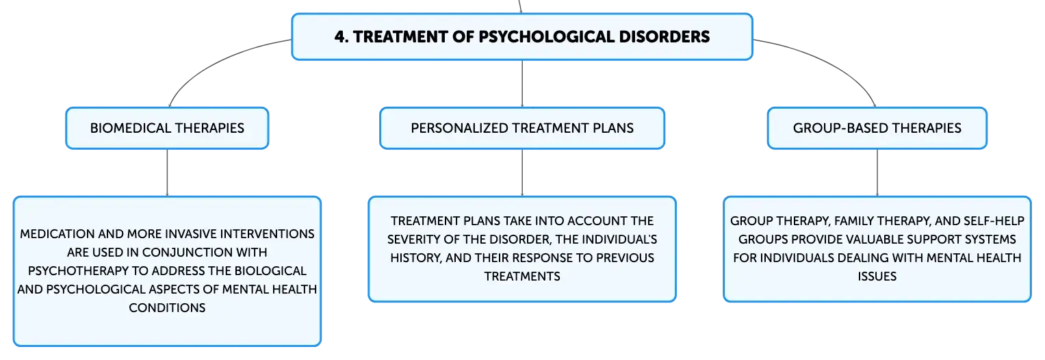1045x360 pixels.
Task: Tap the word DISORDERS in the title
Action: coord(665,37)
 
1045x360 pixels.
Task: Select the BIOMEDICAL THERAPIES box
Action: coord(167,128)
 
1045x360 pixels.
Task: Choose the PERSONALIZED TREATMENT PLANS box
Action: coord(522,128)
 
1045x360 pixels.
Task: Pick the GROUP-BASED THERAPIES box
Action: coord(877,128)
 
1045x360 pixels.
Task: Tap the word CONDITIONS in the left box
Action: coord(167,308)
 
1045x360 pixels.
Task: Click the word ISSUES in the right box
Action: coord(877,277)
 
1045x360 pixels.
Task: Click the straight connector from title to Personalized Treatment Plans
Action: coord(522,83)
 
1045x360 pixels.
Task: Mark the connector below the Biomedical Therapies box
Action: coord(167,172)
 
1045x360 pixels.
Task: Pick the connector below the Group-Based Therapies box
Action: coord(877,172)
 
